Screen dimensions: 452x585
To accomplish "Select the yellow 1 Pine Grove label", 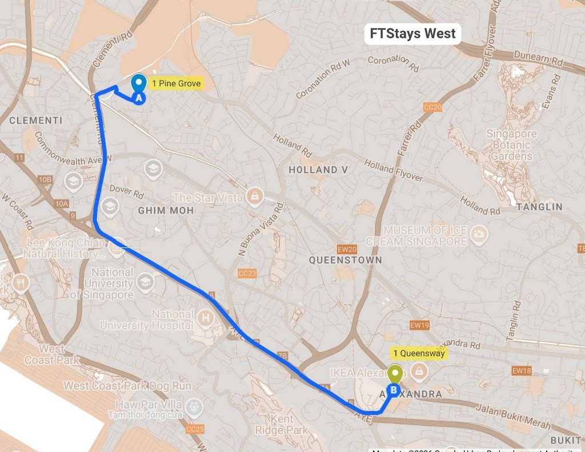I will (176, 83).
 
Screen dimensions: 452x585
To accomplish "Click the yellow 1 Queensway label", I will (419, 353).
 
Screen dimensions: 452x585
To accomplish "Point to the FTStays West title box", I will (412, 34).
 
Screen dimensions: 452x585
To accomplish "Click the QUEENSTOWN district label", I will (345, 260).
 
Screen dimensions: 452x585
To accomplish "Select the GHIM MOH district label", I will (166, 210).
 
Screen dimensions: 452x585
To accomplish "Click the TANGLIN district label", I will (539, 207).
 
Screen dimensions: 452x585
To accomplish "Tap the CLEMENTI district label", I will (36, 120).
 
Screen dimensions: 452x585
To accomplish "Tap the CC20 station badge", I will (432, 107).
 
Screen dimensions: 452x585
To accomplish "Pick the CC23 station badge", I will (247, 274).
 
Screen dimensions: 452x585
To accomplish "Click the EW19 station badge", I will (419, 325).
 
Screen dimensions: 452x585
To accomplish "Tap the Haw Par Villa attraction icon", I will (195, 407).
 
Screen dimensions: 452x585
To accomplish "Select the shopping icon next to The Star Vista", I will (253, 197).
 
